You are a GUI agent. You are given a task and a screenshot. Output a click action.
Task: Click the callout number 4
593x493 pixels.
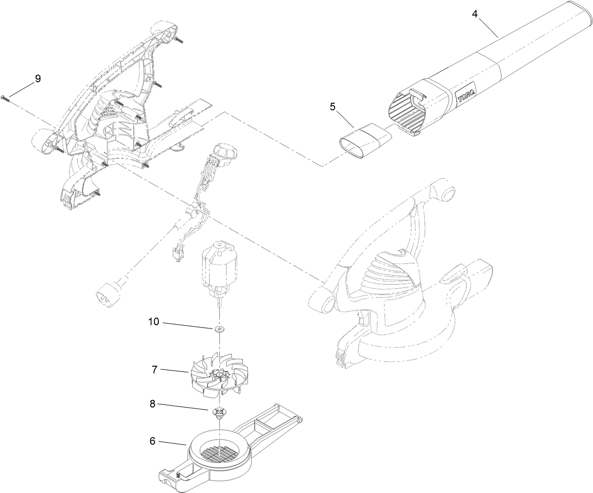475,14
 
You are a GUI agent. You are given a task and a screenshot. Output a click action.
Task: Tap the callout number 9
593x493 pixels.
37,79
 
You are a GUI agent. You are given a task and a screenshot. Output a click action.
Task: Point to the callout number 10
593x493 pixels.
154,322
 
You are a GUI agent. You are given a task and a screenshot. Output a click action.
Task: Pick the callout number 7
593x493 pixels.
155,370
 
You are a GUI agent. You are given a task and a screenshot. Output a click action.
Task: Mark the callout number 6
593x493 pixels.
152,441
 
